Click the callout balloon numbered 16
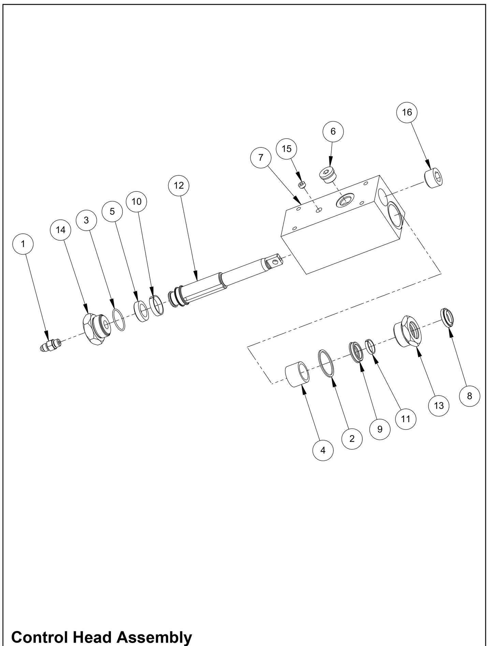click(x=407, y=112)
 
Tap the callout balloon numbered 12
click(x=179, y=185)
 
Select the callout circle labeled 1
click(x=23, y=244)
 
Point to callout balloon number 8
click(x=469, y=396)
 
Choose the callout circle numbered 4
click(x=323, y=450)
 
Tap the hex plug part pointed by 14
click(x=96, y=330)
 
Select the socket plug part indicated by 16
click(x=434, y=178)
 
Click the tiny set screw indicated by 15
click(x=302, y=185)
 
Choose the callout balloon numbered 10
click(x=136, y=202)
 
